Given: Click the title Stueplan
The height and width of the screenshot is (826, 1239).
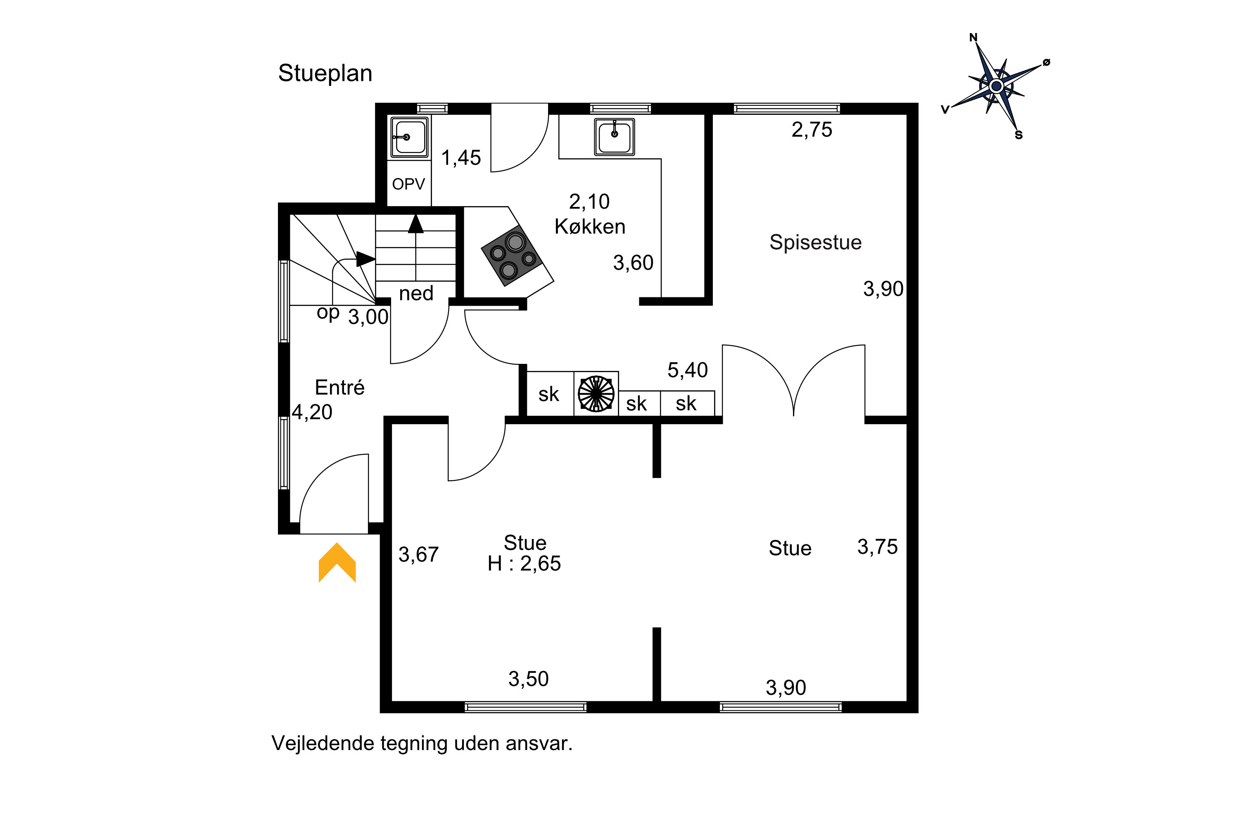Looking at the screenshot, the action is [x=325, y=73].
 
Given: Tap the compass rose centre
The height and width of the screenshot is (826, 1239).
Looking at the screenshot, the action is [x=996, y=86].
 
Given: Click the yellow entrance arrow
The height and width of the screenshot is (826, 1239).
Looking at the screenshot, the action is [x=337, y=562].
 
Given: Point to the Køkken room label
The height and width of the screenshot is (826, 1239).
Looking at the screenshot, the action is [x=590, y=226].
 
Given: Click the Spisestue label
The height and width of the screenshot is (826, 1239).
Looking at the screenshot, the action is [x=815, y=242].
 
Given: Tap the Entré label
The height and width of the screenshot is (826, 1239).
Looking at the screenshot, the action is [x=340, y=387].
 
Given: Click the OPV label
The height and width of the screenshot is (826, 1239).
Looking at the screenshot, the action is [x=408, y=184].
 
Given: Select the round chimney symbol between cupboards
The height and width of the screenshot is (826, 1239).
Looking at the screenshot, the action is [x=596, y=394].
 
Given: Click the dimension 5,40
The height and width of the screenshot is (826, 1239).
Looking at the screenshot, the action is [x=688, y=370].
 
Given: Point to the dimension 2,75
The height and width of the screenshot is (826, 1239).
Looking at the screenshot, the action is [x=812, y=130].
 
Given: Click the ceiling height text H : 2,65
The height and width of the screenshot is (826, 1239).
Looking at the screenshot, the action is [x=524, y=564].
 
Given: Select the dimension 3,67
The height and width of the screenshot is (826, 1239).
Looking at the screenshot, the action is [x=418, y=554].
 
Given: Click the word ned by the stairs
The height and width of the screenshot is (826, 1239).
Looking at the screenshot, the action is [x=416, y=293].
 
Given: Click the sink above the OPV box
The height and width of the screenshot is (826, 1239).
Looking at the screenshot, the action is [x=409, y=137].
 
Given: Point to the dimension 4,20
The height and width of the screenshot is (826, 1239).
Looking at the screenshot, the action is [x=312, y=412].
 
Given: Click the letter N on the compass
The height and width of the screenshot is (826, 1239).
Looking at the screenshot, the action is [x=973, y=38].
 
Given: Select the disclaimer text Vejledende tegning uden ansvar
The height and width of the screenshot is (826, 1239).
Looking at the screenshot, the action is [x=422, y=743].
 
